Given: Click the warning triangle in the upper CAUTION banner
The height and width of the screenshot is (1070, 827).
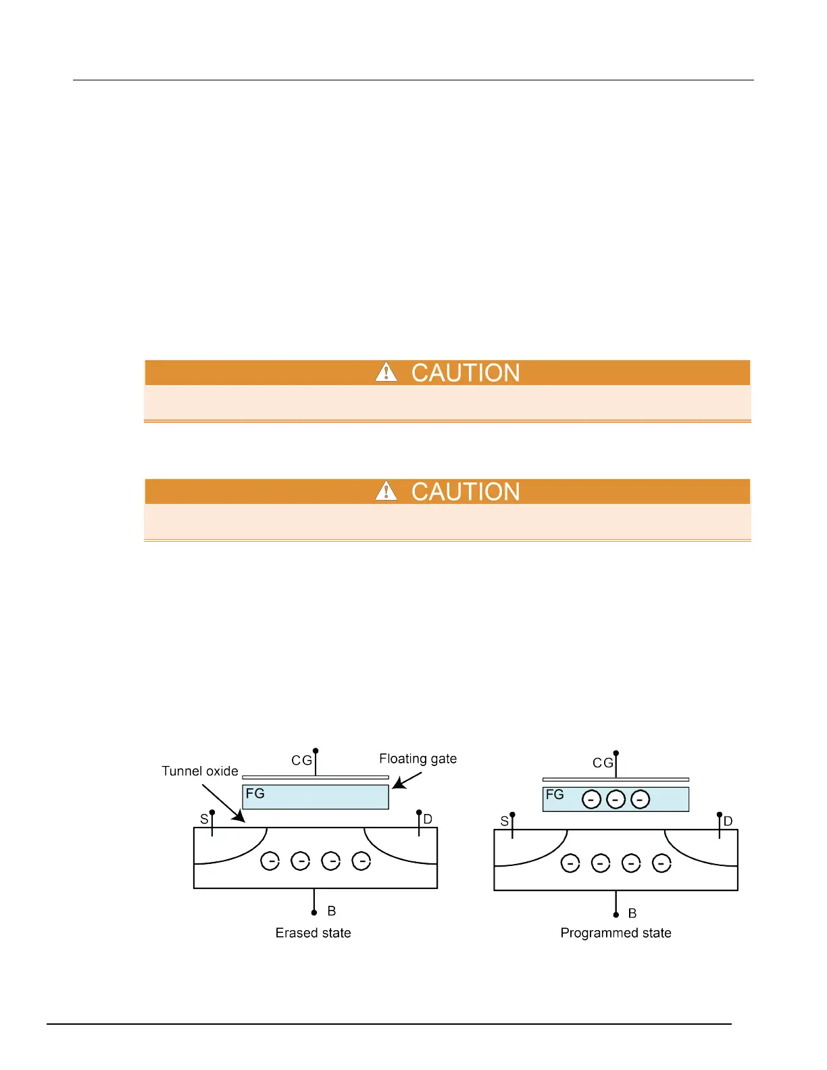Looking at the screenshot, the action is click(386, 372).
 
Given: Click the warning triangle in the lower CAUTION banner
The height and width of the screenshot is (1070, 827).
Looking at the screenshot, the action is click(386, 491).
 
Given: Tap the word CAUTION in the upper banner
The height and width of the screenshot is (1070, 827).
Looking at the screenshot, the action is click(466, 373).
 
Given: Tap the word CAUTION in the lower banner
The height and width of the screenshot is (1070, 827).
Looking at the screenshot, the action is click(466, 492).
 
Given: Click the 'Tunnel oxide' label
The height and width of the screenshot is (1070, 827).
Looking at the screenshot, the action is click(200, 771).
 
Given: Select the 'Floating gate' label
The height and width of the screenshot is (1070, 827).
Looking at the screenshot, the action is click(418, 759).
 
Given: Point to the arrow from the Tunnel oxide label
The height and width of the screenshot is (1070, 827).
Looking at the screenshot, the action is click(224, 803).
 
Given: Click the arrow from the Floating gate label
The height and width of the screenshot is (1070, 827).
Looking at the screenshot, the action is click(407, 781).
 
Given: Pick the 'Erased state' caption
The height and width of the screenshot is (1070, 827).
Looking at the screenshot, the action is click(313, 933).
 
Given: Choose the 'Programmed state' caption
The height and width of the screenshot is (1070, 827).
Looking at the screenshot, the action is click(616, 933).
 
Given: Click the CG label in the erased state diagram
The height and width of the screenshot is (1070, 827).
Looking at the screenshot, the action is click(301, 761).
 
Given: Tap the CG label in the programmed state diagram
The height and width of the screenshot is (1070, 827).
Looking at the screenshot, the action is click(603, 763).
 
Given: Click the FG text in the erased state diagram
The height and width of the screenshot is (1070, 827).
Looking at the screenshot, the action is click(255, 793).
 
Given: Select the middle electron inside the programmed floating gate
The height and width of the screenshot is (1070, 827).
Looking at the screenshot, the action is click(616, 800).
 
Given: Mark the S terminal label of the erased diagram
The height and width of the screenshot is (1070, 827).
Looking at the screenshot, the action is click(204, 819).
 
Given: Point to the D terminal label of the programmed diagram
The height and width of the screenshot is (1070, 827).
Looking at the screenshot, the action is click(728, 821).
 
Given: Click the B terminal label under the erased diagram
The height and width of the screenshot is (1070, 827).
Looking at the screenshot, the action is click(332, 911).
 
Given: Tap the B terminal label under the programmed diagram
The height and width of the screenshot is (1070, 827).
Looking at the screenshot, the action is click(632, 913).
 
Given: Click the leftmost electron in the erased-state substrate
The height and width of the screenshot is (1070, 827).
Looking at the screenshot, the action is click(270, 861).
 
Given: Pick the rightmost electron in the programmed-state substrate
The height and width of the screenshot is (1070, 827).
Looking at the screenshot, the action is click(661, 863).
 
